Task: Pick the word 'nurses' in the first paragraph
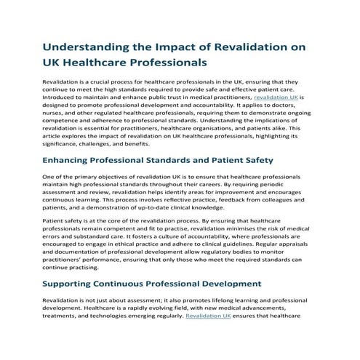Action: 57,112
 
